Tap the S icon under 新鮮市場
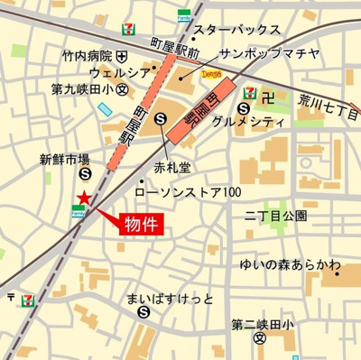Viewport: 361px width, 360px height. point(84,174)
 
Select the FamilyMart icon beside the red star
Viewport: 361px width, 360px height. point(79,212)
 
